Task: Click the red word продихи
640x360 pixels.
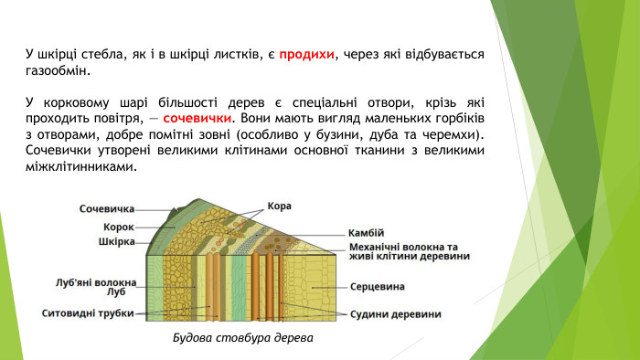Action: tap(307, 54)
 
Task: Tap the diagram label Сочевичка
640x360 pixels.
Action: tap(107, 209)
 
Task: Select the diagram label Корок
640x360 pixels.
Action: tap(119, 226)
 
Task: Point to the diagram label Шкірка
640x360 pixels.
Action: tap(116, 242)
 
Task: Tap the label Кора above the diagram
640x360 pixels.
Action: tap(280, 206)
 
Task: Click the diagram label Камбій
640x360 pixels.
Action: tap(367, 232)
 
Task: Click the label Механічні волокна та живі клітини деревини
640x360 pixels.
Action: tap(410, 251)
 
